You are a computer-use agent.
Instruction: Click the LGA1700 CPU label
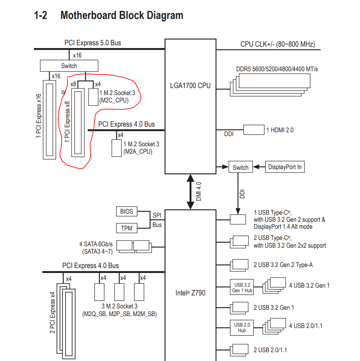pos(190,85)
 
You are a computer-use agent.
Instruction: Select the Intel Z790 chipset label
pos(190,292)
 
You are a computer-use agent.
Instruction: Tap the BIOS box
pos(127,211)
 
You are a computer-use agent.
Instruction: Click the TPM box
pos(127,228)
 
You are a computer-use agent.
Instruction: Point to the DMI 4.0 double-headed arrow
pos(190,192)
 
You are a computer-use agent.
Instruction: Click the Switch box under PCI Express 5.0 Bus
pos(69,66)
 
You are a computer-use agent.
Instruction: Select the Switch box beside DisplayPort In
pos(240,167)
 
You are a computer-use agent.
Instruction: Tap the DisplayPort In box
pos(285,167)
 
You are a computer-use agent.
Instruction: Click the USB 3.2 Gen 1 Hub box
pos(242,287)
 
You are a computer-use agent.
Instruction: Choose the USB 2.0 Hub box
pos(242,327)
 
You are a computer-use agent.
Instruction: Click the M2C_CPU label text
pos(114,100)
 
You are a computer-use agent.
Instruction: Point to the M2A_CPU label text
pos(138,152)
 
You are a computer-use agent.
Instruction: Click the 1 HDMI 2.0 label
pos(280,130)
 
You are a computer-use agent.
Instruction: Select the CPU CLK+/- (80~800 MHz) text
pos(277,44)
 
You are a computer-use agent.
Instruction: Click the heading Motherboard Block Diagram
pos(122,15)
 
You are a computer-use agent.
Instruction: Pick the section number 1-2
pos(41,15)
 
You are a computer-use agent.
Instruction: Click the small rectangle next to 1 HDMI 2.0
pos(254,129)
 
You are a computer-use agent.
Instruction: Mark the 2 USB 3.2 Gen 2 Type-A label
pos(283,265)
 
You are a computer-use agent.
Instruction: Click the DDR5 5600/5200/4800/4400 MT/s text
pos(277,69)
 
